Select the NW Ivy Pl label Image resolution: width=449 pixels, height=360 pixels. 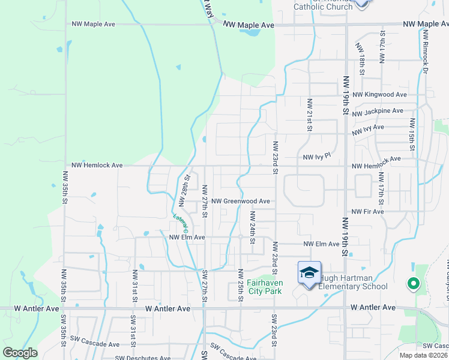click(317, 157)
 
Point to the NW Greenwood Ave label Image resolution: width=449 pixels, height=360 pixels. click(240, 202)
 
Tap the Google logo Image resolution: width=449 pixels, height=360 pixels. click(20, 353)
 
